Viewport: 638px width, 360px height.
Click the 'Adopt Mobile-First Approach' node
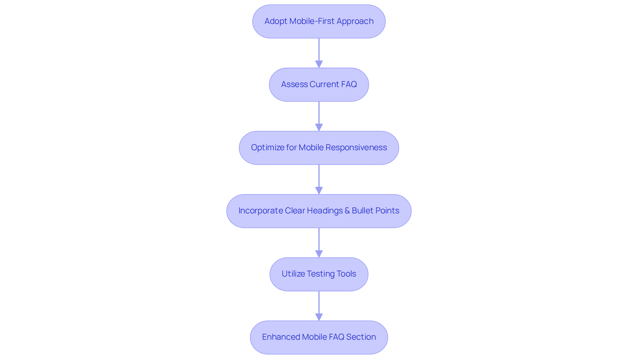[x=319, y=21]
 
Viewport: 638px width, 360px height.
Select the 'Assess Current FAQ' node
[x=319, y=84]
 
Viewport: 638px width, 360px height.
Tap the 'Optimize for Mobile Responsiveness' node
[x=319, y=148]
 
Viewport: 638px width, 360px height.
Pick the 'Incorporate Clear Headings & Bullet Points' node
[x=319, y=211]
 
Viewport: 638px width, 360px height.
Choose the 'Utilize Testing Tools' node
[x=319, y=274]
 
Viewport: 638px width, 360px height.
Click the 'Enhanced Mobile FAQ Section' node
[x=319, y=337]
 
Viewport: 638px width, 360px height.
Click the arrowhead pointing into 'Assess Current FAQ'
[x=319, y=64]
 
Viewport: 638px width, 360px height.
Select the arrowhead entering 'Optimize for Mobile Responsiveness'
[x=319, y=127]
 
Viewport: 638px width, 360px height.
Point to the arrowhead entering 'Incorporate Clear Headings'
[x=319, y=190]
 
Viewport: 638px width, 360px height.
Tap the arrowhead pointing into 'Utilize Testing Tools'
[x=319, y=254]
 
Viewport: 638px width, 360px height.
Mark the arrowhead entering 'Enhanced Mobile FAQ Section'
[x=319, y=317]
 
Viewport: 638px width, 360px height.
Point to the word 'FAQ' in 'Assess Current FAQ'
[x=349, y=84]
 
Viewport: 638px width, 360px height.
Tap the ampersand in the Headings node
[x=347, y=211]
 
